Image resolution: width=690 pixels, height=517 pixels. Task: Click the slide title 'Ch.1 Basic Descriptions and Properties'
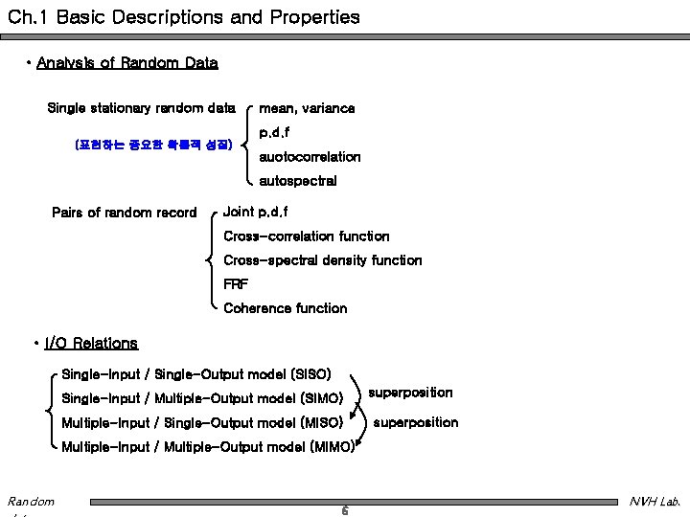183,17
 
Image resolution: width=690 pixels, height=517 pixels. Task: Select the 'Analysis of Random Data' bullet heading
126,63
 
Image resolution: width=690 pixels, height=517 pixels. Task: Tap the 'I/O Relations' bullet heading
91,343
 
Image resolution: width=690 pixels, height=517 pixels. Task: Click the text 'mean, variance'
307,108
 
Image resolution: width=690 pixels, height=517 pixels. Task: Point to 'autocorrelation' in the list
310,156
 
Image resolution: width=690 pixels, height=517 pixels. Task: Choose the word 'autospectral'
298,180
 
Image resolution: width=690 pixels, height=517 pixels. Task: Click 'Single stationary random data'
141,108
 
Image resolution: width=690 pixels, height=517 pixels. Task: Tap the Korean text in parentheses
152,146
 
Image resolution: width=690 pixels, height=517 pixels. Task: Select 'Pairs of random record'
124,213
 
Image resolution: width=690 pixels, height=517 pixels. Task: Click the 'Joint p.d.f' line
256,211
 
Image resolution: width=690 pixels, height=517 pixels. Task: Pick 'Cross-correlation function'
307,236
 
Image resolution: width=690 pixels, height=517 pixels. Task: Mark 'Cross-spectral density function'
322,260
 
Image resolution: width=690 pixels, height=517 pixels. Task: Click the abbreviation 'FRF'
236,284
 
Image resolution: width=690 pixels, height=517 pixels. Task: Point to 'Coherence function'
286,308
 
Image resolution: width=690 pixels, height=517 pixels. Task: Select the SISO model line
196,372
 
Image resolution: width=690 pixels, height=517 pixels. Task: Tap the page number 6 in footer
345,510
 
